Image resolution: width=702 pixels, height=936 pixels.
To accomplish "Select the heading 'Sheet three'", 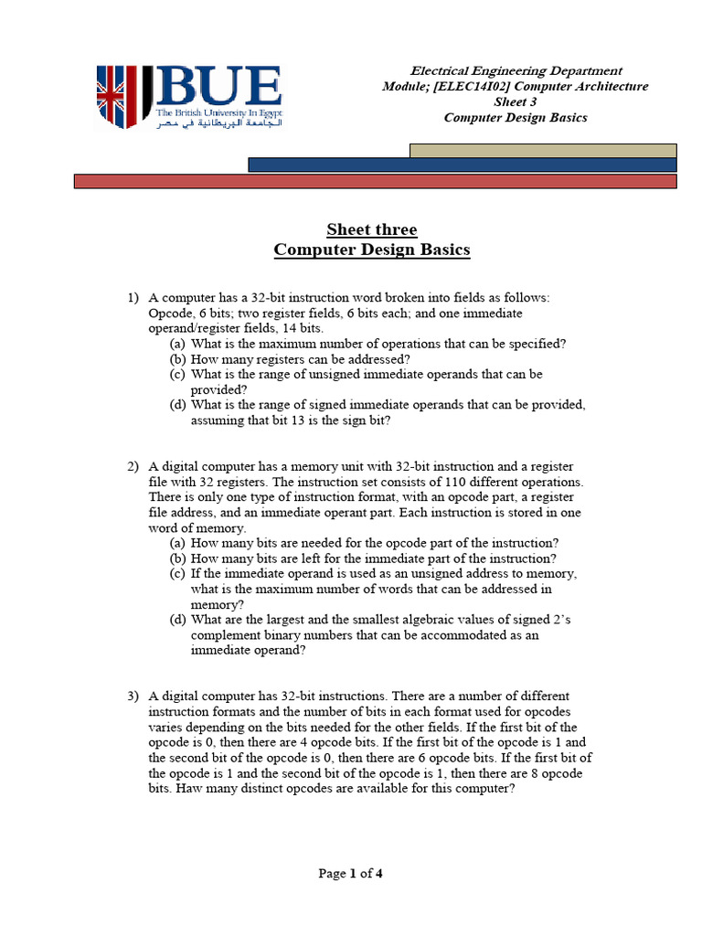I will (372, 229).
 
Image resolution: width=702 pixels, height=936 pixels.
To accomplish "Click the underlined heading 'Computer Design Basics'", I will (372, 250).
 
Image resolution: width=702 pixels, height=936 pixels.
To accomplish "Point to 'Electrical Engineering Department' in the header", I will (516, 70).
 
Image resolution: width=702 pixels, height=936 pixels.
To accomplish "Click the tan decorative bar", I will (543, 150).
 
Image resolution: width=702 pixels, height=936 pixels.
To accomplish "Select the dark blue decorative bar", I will (463, 165).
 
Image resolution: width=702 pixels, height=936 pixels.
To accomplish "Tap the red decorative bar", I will (375, 181).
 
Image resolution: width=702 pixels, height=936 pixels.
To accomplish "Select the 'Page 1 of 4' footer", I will (350, 873).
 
